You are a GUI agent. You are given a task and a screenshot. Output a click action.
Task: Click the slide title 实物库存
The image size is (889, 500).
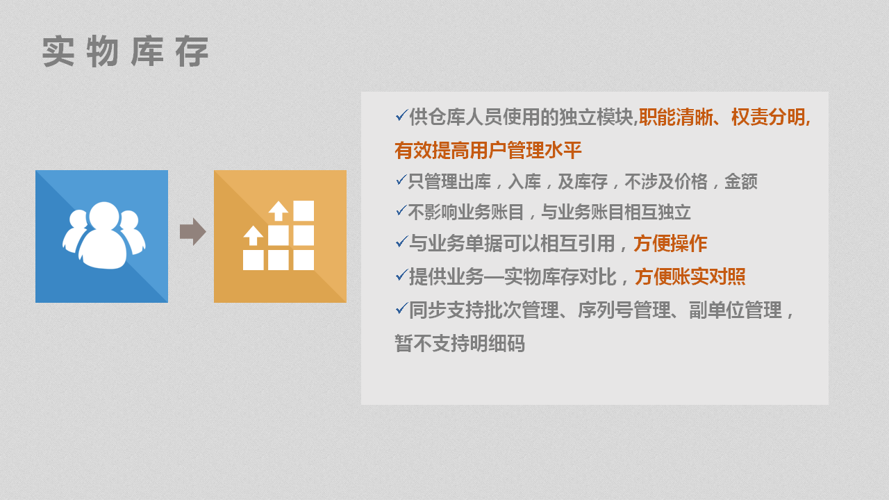tap(126, 51)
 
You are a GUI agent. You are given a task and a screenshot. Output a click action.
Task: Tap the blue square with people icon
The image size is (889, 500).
tap(101, 237)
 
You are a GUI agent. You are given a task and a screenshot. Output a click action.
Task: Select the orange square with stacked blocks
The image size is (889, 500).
tap(280, 237)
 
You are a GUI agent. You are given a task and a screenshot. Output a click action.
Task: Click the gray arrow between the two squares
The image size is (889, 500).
tap(193, 231)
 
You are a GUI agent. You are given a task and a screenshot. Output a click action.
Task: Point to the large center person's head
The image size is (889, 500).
tap(104, 216)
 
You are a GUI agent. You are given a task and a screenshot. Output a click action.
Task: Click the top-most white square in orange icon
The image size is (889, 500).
tap(304, 210)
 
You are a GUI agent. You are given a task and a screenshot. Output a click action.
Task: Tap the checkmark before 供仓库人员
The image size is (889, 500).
tap(401, 115)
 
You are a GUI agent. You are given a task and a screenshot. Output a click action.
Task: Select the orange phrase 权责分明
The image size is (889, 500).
tap(768, 117)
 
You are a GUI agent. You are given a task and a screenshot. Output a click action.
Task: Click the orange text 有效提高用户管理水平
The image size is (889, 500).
tap(488, 151)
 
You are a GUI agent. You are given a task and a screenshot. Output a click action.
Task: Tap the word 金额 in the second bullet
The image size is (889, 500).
tap(741, 182)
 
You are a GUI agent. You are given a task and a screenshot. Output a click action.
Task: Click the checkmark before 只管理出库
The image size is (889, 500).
tap(401, 180)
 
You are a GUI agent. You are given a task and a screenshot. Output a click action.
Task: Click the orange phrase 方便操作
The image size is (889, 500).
tap(670, 244)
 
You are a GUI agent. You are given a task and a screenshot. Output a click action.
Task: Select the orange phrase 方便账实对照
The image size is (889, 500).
tap(690, 276)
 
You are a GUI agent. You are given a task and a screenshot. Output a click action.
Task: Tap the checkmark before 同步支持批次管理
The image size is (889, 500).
tap(401, 308)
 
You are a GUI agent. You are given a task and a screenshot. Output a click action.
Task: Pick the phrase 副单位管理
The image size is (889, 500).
tap(736, 310)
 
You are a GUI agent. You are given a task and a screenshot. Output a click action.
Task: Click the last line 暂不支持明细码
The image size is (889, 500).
tap(460, 344)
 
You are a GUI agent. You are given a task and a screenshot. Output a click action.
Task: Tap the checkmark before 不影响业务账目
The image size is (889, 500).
tap(401, 210)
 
